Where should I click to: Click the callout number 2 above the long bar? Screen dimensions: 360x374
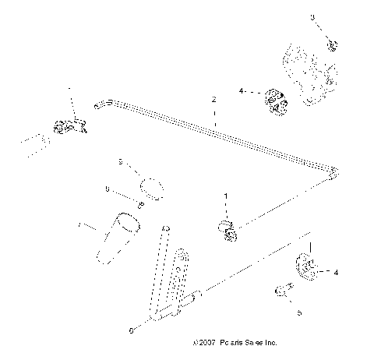[x=212, y=101]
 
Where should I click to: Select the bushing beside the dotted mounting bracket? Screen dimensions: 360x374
[x=277, y=101]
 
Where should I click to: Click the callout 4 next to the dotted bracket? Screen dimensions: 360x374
[x=242, y=91]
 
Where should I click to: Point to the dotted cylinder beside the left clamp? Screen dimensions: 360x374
[x=36, y=144]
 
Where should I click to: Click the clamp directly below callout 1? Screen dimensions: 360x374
[x=229, y=229]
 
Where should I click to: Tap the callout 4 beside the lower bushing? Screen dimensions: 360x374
[x=336, y=273]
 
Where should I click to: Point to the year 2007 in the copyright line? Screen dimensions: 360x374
[x=205, y=342]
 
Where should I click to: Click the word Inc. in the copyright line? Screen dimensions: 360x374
[x=268, y=342]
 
